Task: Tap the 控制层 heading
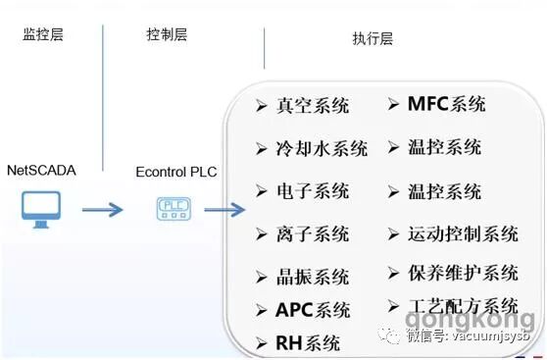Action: click(x=166, y=35)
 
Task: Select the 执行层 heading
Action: click(x=372, y=39)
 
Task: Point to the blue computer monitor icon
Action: click(x=41, y=209)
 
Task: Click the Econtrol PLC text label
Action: click(x=176, y=173)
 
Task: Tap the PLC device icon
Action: click(x=174, y=209)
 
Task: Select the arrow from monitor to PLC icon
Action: click(x=102, y=209)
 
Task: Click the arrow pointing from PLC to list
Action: click(x=224, y=209)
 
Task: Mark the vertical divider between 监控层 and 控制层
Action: click(x=103, y=98)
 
